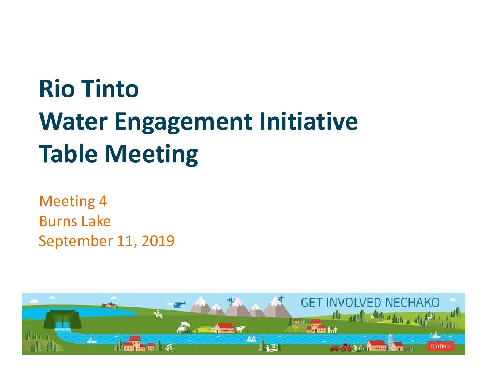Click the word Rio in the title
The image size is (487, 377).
click(x=57, y=89)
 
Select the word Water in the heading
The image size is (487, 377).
click(x=73, y=122)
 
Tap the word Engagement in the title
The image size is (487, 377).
click(x=183, y=123)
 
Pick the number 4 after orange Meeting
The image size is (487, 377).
click(x=103, y=201)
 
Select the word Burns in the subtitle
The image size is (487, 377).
click(x=58, y=221)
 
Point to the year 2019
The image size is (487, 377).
click(x=158, y=241)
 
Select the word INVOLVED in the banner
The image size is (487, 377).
click(x=354, y=303)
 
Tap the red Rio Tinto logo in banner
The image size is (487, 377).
click(x=441, y=346)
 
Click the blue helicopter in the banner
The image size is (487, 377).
click(x=179, y=305)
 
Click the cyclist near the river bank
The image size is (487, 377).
click(x=169, y=348)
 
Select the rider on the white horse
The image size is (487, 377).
click(x=158, y=315)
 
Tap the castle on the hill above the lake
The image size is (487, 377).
click(x=109, y=305)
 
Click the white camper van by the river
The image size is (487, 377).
click(x=273, y=348)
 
